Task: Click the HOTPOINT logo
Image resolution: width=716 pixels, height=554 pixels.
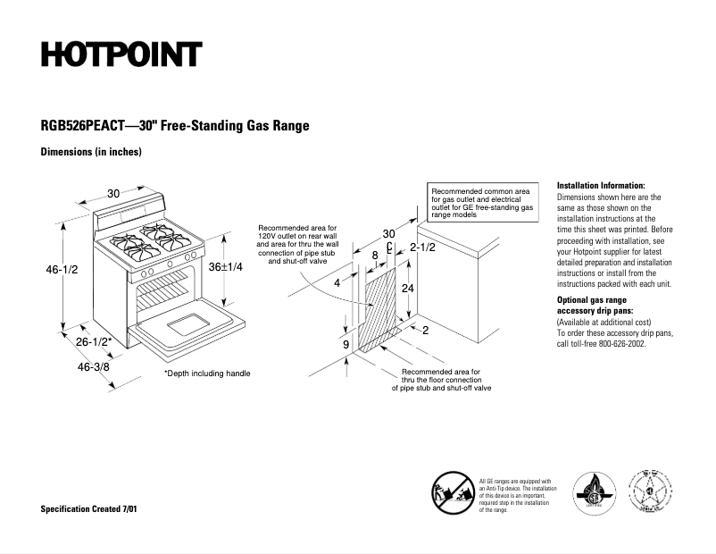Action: coord(121,55)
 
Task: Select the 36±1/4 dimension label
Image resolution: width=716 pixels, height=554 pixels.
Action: coord(226,267)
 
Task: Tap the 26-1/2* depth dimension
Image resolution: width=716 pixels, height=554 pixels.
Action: coord(93,341)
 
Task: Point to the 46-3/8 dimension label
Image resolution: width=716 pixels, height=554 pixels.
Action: coord(94,366)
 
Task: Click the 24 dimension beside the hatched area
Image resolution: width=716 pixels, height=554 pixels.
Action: coord(407,289)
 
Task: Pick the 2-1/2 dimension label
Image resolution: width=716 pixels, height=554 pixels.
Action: coord(422,248)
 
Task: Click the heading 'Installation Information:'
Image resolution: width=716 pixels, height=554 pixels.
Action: coord(600,185)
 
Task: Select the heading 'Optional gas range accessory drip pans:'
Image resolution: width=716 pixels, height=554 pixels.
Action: coord(594,305)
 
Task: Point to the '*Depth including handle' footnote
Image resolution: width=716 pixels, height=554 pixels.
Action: coord(207,374)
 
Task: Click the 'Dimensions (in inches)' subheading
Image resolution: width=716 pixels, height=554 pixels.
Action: coord(91,152)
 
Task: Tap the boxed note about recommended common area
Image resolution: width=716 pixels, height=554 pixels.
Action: coord(482,204)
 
